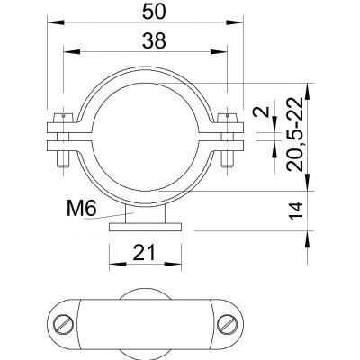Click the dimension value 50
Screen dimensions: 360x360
tap(154, 13)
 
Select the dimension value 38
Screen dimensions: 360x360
tap(154, 41)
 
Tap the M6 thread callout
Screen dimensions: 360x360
tap(81, 209)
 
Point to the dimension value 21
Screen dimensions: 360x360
tap(145, 253)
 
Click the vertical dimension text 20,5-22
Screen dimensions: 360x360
tap(294, 134)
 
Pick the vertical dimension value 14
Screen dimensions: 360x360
tap(296, 211)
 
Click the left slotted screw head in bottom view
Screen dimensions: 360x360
tap(64, 323)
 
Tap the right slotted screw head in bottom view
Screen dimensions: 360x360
tap(227, 323)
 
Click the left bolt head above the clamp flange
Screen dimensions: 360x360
tap(63, 118)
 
